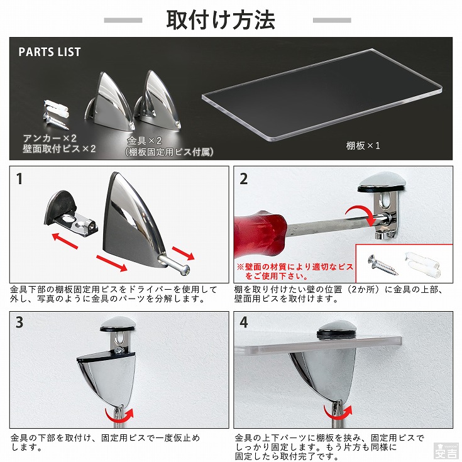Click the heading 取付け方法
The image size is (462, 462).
click(221, 20)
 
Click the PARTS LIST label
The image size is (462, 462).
click(50, 52)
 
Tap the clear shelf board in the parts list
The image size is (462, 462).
click(322, 95)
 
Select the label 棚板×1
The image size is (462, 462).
click(363, 146)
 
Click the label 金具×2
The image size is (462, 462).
click(145, 141)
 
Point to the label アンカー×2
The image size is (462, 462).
click(50, 138)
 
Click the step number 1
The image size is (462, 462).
click(19, 179)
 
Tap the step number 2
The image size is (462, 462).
click(244, 179)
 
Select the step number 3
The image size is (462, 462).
click(19, 322)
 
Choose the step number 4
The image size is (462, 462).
click(244, 322)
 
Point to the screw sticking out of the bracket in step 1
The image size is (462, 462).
click(174, 264)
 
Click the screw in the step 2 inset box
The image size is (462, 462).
click(382, 265)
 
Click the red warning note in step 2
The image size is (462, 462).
click(295, 272)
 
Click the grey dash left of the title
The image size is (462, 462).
click(123, 20)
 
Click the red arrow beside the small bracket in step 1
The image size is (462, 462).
click(65, 241)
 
